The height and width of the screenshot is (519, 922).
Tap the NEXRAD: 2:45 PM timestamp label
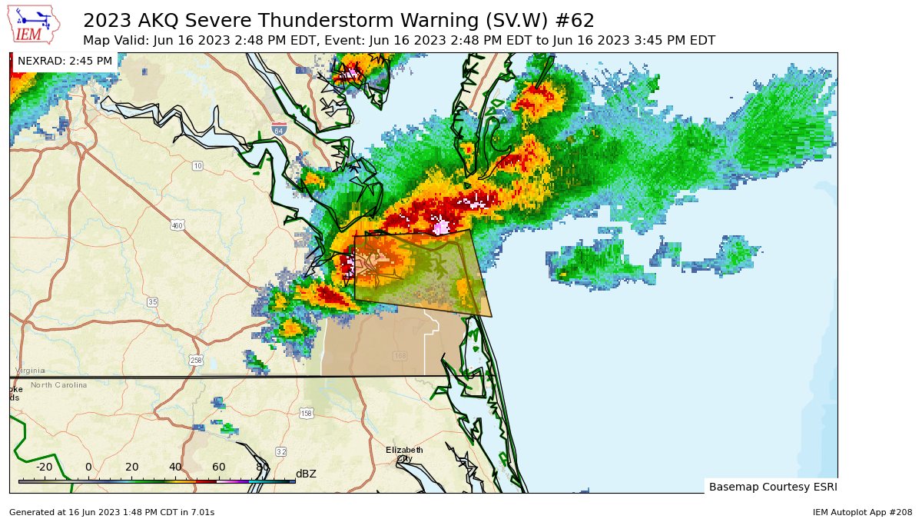pos(65,61)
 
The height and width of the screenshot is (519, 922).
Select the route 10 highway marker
pos(197,166)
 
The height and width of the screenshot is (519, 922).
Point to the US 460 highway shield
pos(177,225)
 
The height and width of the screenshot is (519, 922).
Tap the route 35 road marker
pos(152,302)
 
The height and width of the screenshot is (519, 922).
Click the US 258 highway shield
pos(197,360)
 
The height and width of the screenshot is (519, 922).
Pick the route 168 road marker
pos(400,356)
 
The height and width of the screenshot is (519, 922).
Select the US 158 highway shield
pos(307,413)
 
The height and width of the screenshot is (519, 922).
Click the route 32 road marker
pos(280,451)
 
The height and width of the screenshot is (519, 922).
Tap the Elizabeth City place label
pos(404,454)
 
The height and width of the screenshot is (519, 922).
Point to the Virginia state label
pos(30,371)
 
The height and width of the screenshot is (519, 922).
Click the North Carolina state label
pos(58,384)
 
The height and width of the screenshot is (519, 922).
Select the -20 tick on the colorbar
pos(45,467)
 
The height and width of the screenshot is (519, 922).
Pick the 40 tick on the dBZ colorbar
pos(175,467)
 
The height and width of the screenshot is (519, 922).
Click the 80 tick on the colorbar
pos(262,467)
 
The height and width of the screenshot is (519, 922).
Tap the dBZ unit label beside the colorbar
pos(306,474)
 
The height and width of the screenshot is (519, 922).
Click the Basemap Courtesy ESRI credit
pos(772,487)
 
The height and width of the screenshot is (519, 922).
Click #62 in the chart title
pos(573,20)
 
